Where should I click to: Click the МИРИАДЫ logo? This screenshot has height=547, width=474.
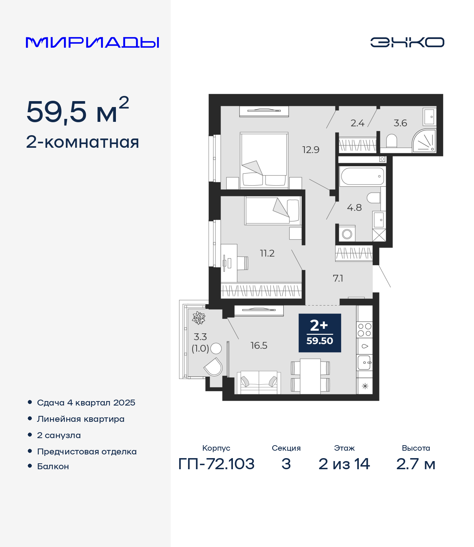point(92,42)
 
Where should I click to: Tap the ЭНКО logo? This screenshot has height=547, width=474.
point(407,42)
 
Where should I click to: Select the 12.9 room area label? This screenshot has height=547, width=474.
point(311,150)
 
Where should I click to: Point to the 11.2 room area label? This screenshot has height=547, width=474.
point(267,253)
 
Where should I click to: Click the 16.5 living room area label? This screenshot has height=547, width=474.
point(259,346)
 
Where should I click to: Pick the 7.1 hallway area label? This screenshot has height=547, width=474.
point(338,278)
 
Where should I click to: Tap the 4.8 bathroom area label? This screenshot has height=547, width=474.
point(354,207)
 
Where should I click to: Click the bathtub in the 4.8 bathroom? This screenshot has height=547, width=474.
point(363,176)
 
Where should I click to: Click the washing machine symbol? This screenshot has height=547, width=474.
point(347,234)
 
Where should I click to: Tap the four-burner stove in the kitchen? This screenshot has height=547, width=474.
point(365,330)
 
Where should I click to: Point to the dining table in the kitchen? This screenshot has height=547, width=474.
point(310,376)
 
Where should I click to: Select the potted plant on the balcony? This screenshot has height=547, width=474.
point(198,318)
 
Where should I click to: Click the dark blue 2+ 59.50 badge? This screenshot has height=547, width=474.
point(320,333)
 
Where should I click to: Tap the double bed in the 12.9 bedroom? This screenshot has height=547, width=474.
point(264,160)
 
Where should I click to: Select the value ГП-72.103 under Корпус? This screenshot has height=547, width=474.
point(217,464)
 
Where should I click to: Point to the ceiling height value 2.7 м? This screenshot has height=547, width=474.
point(416,464)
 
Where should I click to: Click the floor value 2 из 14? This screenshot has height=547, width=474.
point(344,464)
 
